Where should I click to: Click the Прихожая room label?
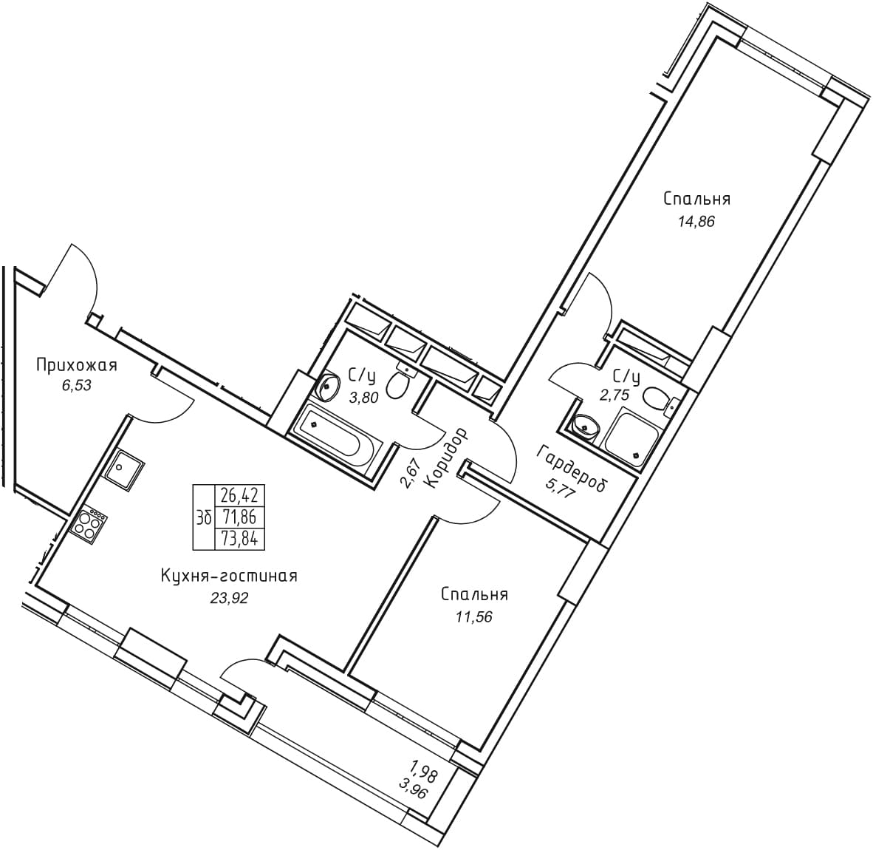(x=76, y=365)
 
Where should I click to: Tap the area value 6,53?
(x=76, y=386)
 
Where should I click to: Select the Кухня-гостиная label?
(x=229, y=576)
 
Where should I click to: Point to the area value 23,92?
(x=229, y=598)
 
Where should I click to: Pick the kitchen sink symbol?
(x=123, y=469)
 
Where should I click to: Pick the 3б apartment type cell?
(x=203, y=517)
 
